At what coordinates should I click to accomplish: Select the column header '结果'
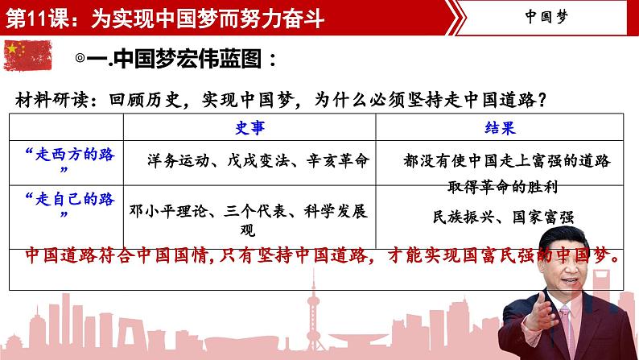(500, 128)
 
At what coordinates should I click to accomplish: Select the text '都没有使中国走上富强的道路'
(508, 161)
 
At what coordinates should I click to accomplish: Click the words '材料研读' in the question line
(48, 101)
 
